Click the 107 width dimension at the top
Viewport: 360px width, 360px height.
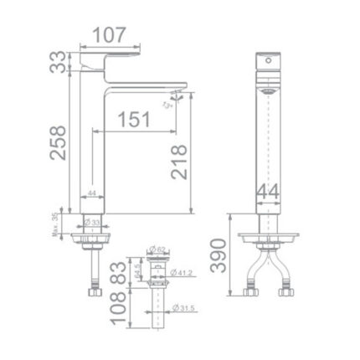click(x=109, y=34)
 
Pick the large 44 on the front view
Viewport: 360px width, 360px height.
click(x=267, y=192)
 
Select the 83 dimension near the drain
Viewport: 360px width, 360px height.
click(x=118, y=272)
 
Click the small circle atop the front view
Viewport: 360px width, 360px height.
click(x=268, y=62)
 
